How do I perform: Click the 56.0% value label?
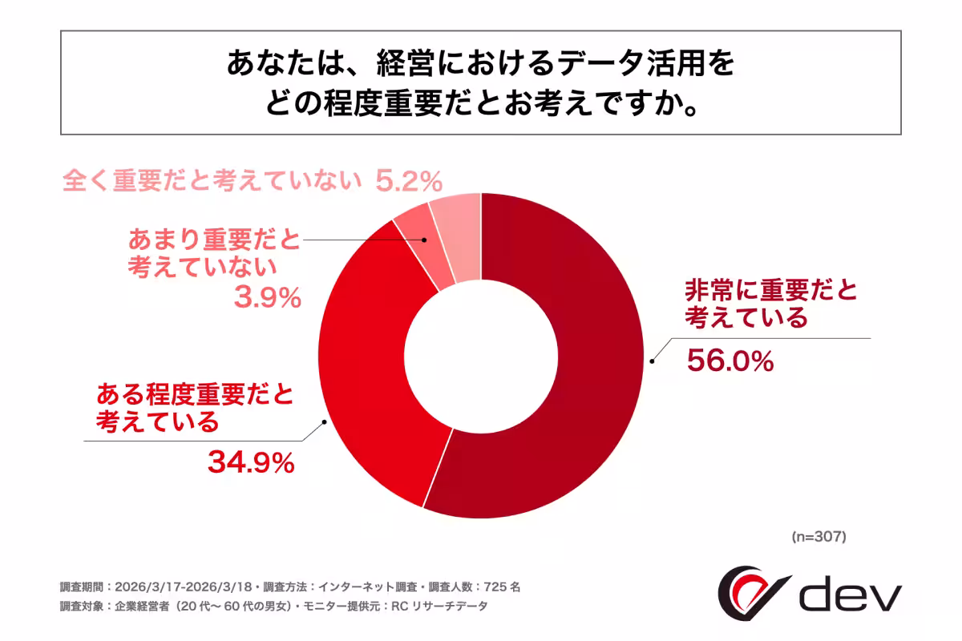(730, 361)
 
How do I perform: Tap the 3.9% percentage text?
(267, 299)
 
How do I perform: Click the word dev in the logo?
(851, 594)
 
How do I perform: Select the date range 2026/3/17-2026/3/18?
(184, 587)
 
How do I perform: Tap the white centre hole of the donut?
(481, 354)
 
